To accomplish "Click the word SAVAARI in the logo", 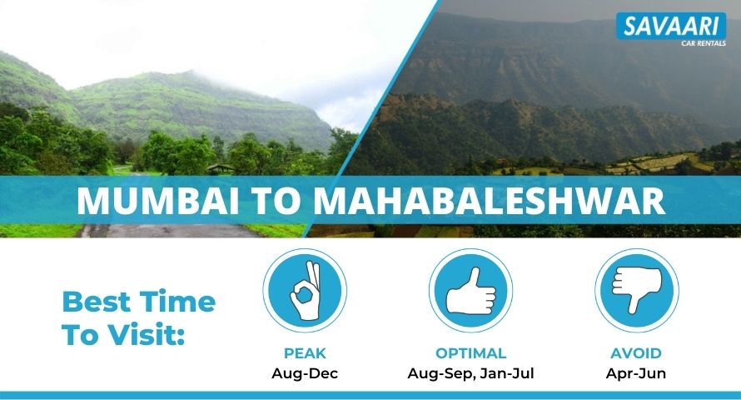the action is [x=671, y=26].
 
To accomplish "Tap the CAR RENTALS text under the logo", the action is [x=704, y=43].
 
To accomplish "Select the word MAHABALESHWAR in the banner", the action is [x=490, y=201].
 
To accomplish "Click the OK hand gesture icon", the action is [x=305, y=290].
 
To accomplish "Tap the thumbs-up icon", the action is [x=470, y=290].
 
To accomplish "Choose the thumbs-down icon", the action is [x=637, y=290].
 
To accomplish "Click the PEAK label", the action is [x=305, y=353].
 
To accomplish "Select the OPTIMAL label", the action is [x=470, y=353].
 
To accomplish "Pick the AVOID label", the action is [x=636, y=353].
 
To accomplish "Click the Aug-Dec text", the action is [x=305, y=373].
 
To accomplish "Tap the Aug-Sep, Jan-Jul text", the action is [x=470, y=373].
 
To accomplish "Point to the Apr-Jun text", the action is [x=636, y=373].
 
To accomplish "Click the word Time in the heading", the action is [x=177, y=302].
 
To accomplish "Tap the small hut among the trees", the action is [x=221, y=168].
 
